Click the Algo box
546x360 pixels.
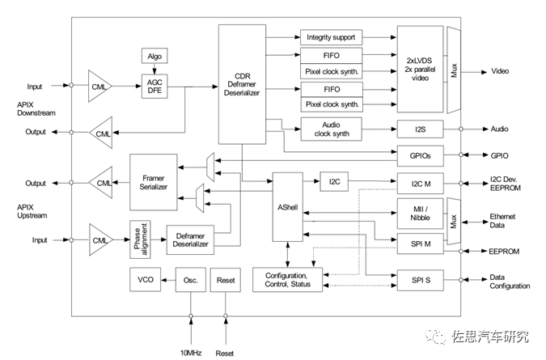click(x=154, y=56)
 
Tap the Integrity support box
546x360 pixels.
click(x=332, y=37)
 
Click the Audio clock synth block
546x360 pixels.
click(x=332, y=129)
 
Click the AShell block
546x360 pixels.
click(x=288, y=207)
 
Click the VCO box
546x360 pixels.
click(x=146, y=280)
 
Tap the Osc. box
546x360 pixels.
click(x=191, y=280)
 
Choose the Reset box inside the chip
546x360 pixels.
click(x=225, y=280)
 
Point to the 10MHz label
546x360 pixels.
click(x=191, y=353)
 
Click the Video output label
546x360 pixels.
click(x=501, y=71)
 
